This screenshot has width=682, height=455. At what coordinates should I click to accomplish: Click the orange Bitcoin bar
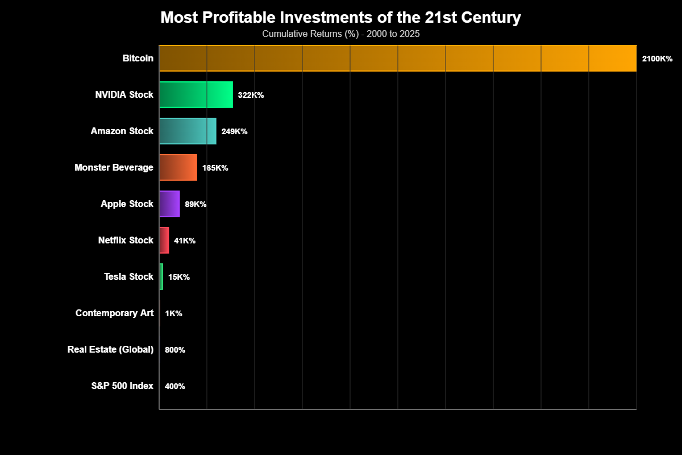click(398, 58)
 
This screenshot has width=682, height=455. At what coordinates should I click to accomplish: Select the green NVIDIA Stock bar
click(196, 94)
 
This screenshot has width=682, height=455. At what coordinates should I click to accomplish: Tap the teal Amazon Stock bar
click(188, 131)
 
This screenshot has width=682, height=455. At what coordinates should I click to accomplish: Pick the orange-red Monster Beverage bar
click(178, 167)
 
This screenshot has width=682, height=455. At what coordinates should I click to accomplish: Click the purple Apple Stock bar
click(169, 204)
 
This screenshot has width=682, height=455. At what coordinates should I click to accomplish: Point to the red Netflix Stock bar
click(164, 240)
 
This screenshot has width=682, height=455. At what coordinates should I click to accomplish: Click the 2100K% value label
click(657, 59)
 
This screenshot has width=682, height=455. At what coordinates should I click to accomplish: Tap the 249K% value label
click(234, 131)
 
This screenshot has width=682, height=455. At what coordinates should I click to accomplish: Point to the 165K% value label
click(215, 168)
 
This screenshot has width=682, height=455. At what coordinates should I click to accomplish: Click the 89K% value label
click(196, 204)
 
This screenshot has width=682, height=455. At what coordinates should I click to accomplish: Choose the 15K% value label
click(179, 277)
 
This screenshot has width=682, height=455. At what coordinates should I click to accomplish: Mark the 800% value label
click(175, 350)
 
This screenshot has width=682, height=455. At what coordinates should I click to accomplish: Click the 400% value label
click(175, 386)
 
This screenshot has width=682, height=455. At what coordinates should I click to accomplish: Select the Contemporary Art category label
click(114, 313)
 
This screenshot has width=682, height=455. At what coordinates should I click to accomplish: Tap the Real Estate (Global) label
click(110, 349)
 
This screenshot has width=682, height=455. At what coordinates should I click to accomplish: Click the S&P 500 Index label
click(122, 386)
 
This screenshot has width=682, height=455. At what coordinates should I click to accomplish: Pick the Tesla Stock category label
click(128, 276)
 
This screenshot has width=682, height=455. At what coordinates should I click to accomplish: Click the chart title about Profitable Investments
click(340, 18)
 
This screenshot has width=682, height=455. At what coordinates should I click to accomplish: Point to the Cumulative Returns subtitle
click(340, 34)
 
